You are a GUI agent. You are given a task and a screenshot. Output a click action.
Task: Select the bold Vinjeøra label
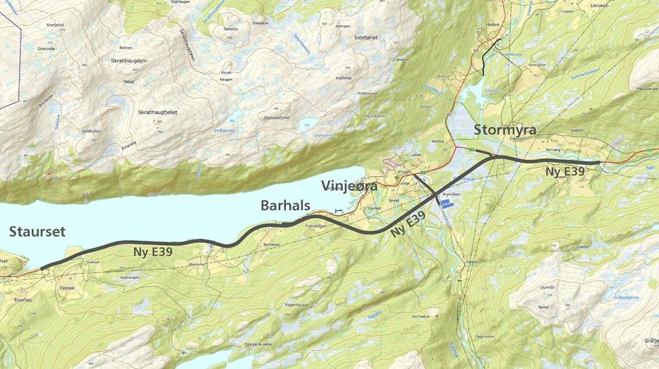point(349,187)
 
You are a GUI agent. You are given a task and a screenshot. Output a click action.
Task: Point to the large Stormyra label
point(506,130)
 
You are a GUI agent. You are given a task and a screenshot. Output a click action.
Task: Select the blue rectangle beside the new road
point(447,201)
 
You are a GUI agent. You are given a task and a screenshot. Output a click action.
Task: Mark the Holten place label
point(493,24)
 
